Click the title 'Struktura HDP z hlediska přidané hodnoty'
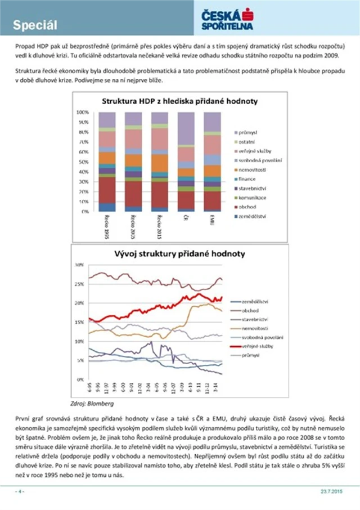click(179, 102)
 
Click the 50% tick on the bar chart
click(83, 162)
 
